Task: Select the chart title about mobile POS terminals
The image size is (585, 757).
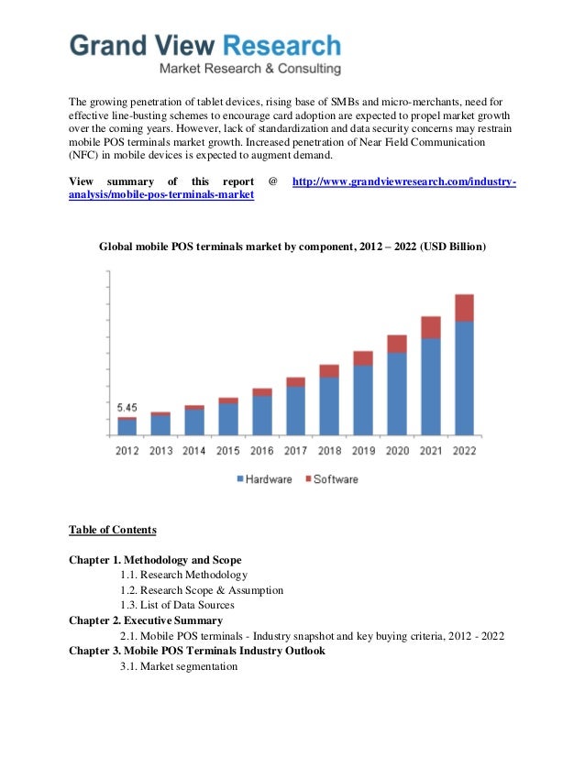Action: (x=292, y=247)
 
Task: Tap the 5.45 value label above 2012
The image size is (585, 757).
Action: (x=127, y=407)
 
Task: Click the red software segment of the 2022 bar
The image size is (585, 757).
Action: (x=464, y=308)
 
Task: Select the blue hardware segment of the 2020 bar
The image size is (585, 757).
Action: (x=396, y=393)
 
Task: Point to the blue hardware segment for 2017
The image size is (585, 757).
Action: (x=295, y=410)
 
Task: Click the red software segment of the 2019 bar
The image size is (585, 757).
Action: (x=363, y=358)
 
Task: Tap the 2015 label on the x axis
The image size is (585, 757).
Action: (x=228, y=451)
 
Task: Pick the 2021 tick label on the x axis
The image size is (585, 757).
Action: (x=431, y=451)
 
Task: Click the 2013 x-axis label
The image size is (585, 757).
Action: (x=160, y=451)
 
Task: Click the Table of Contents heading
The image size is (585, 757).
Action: (x=113, y=530)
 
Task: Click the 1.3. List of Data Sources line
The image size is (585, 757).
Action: (x=177, y=605)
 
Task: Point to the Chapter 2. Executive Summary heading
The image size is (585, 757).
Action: (x=146, y=620)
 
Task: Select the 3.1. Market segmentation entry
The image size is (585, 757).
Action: (x=179, y=666)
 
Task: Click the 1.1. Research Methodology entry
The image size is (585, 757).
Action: (x=183, y=575)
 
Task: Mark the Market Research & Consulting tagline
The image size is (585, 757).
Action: (x=250, y=69)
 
